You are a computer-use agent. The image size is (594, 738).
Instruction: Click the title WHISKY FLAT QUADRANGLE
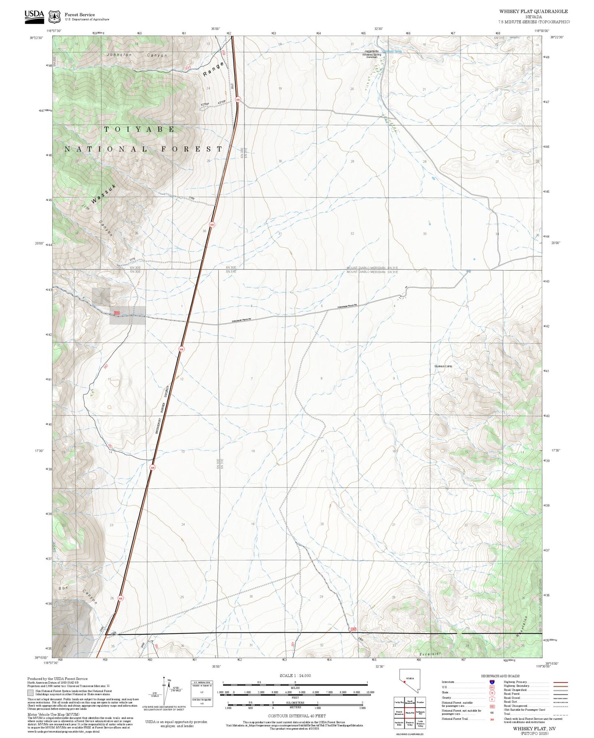(x=533, y=12)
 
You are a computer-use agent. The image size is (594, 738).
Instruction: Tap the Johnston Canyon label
(x=137, y=55)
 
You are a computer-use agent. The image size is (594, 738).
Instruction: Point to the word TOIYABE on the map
(x=139, y=129)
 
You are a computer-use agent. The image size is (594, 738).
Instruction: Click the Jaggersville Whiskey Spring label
(x=371, y=53)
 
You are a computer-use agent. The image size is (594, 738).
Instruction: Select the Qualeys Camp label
(x=443, y=366)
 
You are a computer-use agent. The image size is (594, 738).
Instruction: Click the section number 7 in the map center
(x=252, y=378)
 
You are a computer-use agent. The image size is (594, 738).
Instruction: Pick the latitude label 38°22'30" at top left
(x=36, y=37)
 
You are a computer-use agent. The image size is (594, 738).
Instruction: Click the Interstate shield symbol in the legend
(x=492, y=682)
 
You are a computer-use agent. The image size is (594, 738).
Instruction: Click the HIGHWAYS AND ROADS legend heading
(x=500, y=676)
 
